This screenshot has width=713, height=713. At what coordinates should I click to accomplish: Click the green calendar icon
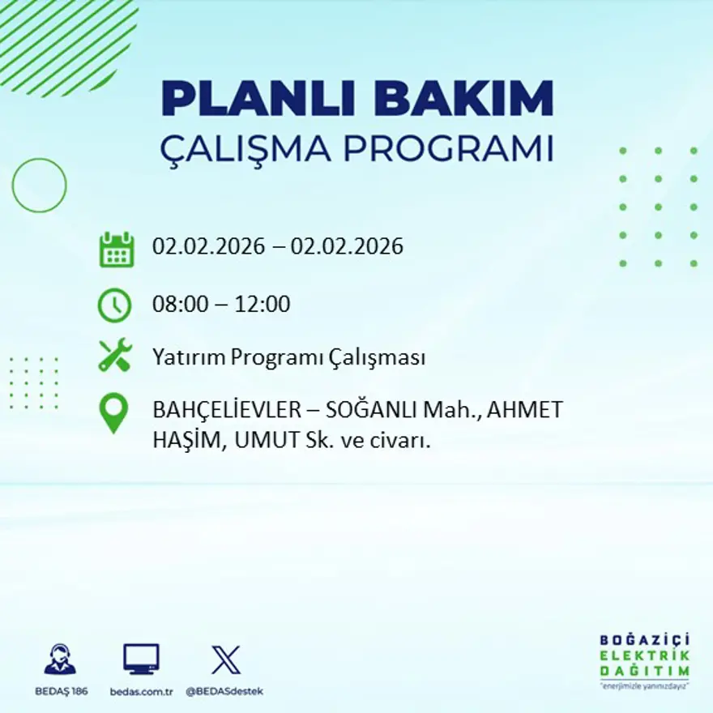point(116,250)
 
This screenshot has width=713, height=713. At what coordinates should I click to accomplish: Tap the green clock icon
point(114,305)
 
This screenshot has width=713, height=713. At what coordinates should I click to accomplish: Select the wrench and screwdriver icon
point(114,356)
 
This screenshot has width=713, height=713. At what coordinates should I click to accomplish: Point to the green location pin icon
point(113,412)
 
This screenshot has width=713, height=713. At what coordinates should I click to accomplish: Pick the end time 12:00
point(263,305)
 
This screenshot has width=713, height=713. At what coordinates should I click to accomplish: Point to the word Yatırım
point(190,357)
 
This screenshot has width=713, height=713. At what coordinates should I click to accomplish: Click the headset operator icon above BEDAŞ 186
point(60,660)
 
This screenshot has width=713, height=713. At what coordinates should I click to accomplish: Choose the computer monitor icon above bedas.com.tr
point(141,659)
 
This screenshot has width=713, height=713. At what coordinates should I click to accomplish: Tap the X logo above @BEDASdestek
point(225,660)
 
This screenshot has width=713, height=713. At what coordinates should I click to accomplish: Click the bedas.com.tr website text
point(141,691)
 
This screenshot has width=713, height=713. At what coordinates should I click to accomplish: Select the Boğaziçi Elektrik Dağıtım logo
point(644,660)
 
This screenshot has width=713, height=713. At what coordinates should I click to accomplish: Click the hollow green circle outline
point(39,186)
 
